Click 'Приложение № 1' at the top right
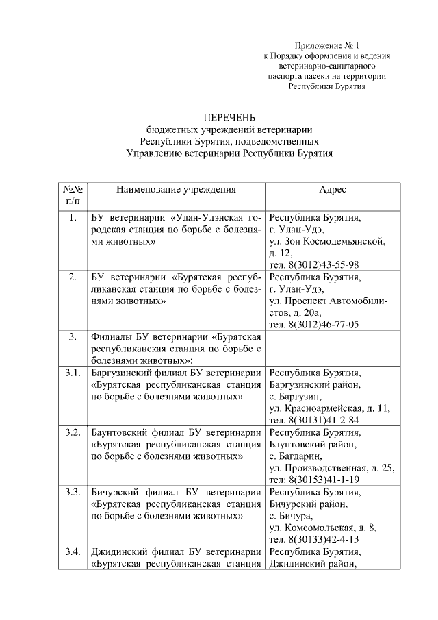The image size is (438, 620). coord(326,43)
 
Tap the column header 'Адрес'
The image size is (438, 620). coord(333,189)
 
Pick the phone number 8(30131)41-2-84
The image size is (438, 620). coord(324,419)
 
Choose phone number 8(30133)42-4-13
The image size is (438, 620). coord(325,539)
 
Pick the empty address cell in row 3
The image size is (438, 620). coord(333,348)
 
